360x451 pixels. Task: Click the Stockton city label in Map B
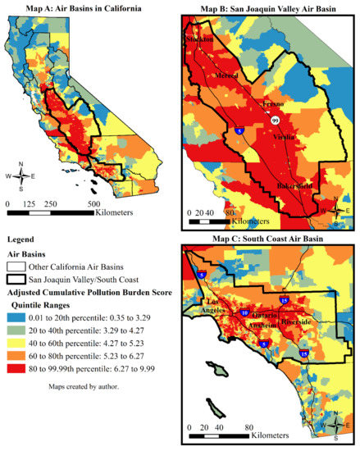pyautogui.click(x=199, y=39)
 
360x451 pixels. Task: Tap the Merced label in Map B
pyautogui.click(x=226, y=75)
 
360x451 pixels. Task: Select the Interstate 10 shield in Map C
pyautogui.click(x=245, y=312)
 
